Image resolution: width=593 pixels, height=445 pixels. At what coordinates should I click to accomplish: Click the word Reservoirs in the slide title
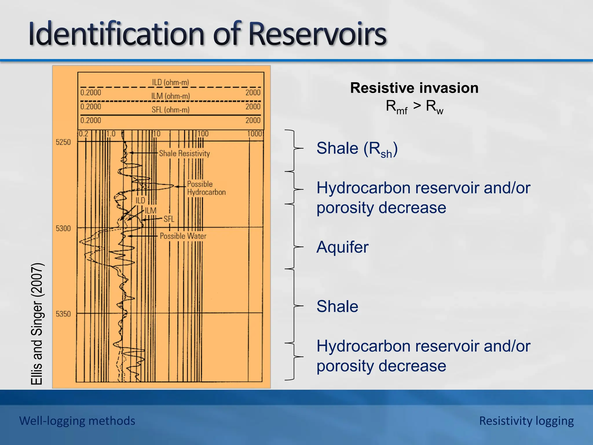click(317, 34)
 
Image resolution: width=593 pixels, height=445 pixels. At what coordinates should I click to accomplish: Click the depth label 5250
click(63, 142)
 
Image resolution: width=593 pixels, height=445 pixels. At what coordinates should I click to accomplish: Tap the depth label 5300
click(63, 229)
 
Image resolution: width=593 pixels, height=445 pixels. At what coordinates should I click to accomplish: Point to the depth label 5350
click(63, 314)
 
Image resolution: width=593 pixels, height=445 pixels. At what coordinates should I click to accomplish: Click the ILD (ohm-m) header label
click(170, 82)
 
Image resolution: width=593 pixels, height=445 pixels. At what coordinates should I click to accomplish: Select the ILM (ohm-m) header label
click(170, 96)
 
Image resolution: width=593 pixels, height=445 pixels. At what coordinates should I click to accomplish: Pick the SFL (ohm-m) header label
click(170, 110)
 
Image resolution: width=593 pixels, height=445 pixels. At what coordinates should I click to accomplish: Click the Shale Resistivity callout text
click(184, 153)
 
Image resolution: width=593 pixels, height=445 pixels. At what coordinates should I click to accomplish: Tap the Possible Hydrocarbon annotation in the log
click(206, 188)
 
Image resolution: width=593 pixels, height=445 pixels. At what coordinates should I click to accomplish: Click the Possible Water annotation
click(183, 236)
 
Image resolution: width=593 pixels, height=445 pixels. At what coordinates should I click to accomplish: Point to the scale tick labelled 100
click(203, 134)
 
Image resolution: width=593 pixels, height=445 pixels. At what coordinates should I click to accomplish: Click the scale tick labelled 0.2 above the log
click(83, 134)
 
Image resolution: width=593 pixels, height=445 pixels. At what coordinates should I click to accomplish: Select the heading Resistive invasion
click(414, 88)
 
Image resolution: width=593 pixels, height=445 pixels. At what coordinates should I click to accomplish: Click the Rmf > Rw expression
click(414, 107)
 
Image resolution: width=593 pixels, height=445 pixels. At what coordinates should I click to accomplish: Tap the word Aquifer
click(342, 247)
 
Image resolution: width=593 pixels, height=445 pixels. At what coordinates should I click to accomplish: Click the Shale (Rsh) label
click(357, 149)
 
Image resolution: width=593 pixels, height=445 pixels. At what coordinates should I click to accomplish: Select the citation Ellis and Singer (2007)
click(37, 324)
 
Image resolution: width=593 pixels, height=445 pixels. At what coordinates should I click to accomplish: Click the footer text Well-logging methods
click(77, 421)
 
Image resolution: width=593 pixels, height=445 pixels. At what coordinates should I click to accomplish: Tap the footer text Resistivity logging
click(526, 421)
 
